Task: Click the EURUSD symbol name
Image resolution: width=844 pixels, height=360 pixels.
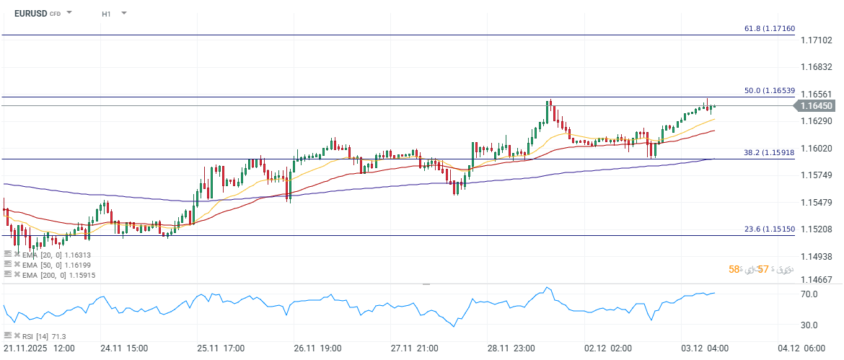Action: click(30, 13)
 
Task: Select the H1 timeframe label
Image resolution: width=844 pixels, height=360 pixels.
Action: click(106, 13)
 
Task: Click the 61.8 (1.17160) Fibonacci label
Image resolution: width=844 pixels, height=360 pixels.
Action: click(769, 28)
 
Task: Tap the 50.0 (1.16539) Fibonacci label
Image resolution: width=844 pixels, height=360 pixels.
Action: click(769, 91)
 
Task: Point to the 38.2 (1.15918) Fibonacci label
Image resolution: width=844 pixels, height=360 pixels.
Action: click(769, 153)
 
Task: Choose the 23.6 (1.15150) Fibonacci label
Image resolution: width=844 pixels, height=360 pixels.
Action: click(769, 229)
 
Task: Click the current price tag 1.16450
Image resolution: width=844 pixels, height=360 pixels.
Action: click(817, 106)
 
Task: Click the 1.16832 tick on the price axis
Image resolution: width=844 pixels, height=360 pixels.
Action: click(817, 66)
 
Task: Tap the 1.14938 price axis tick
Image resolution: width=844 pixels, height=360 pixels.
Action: click(817, 256)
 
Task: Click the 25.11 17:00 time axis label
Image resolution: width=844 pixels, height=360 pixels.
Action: click(222, 348)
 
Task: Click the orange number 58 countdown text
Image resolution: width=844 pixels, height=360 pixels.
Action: click(734, 269)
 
